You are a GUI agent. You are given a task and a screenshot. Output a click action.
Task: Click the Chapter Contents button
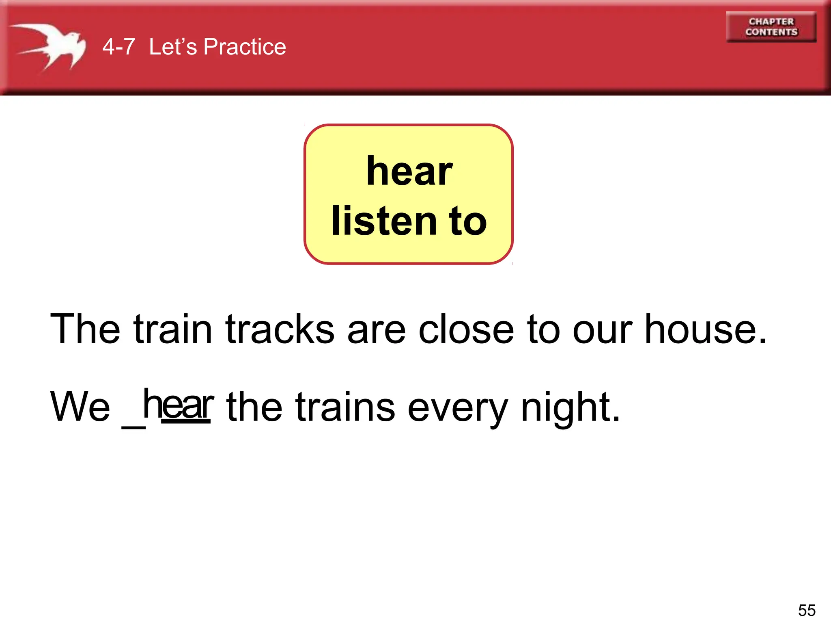point(771,27)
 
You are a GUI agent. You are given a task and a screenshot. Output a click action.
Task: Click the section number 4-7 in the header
point(118,47)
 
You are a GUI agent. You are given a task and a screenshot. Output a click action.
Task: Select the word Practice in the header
point(245,47)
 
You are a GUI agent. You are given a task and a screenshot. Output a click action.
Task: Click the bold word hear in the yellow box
point(409,171)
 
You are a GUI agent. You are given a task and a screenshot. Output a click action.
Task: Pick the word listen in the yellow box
point(384,221)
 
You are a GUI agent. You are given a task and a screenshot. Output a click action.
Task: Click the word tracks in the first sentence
point(280,329)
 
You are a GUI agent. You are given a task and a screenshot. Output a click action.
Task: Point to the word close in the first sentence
point(466,329)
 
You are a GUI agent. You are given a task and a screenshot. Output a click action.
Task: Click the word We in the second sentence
point(80,406)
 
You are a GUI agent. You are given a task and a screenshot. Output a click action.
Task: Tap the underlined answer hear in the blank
point(178,405)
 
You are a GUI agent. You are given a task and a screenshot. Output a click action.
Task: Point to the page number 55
point(807,610)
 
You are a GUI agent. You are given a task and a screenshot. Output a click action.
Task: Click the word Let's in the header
point(173,47)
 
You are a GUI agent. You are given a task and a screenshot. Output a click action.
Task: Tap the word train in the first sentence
point(172,329)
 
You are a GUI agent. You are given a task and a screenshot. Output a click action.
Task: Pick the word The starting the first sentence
point(85,329)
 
